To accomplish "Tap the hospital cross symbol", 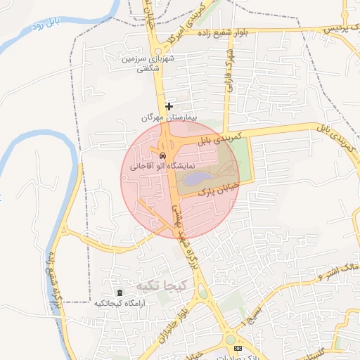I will tap(169, 106).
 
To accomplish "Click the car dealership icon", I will tap(162, 155).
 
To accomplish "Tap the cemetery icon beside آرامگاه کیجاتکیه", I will tap(118, 292).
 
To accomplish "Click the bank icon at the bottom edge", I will tap(238, 348).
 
